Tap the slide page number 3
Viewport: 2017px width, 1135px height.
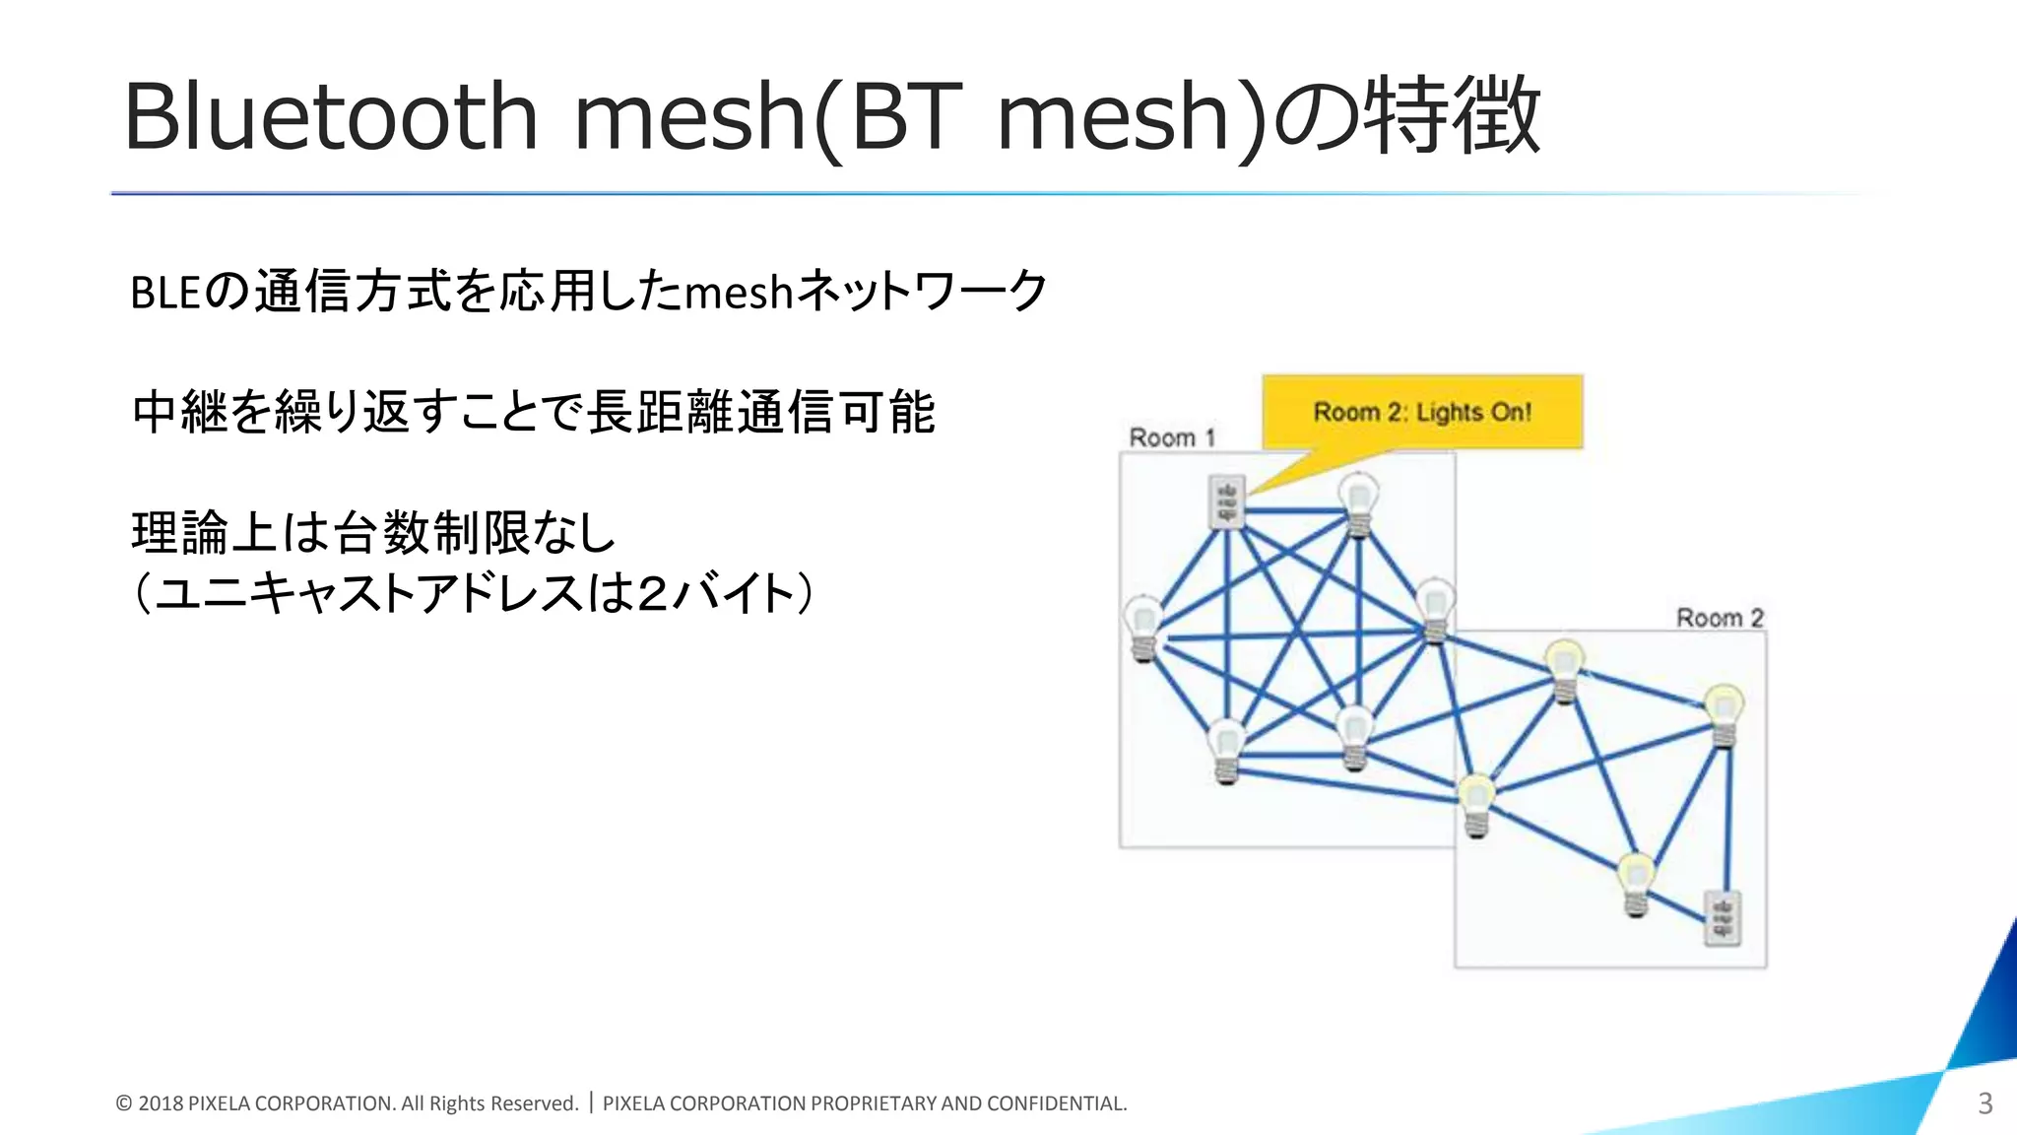pyautogui.click(x=1984, y=1103)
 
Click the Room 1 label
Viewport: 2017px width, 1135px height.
pyautogui.click(x=1172, y=437)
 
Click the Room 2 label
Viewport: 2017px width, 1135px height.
pyautogui.click(x=1720, y=618)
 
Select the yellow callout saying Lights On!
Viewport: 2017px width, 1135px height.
pyautogui.click(x=1422, y=412)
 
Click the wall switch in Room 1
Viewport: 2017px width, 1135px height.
pyautogui.click(x=1226, y=501)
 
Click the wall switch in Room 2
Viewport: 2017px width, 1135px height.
pyautogui.click(x=1723, y=918)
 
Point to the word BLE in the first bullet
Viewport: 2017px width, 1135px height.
pyautogui.click(x=165, y=293)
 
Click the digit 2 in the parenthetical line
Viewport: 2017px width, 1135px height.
pyautogui.click(x=652, y=594)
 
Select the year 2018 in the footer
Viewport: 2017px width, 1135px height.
pyautogui.click(x=161, y=1103)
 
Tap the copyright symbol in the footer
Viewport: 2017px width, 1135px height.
pyautogui.click(x=124, y=1103)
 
